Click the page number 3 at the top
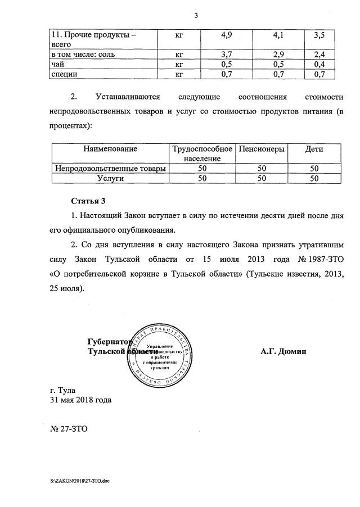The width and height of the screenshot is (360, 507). pyautogui.click(x=196, y=15)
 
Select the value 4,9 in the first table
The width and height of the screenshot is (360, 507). pyautogui.click(x=227, y=35)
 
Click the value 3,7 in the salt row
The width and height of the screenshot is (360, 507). pyautogui.click(x=227, y=55)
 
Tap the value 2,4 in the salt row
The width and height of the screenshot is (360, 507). pyautogui.click(x=319, y=55)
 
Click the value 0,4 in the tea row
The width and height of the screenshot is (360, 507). pyautogui.click(x=319, y=64)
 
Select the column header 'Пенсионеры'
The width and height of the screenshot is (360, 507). pyautogui.click(x=262, y=149)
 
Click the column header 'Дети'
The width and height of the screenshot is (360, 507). pyautogui.click(x=314, y=149)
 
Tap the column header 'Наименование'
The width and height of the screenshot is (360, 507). pyautogui.click(x=110, y=149)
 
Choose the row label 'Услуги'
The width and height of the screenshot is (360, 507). pyautogui.click(x=110, y=178)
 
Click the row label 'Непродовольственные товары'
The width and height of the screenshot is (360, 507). pyautogui.click(x=110, y=168)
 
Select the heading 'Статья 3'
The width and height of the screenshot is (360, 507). pyautogui.click(x=88, y=201)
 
